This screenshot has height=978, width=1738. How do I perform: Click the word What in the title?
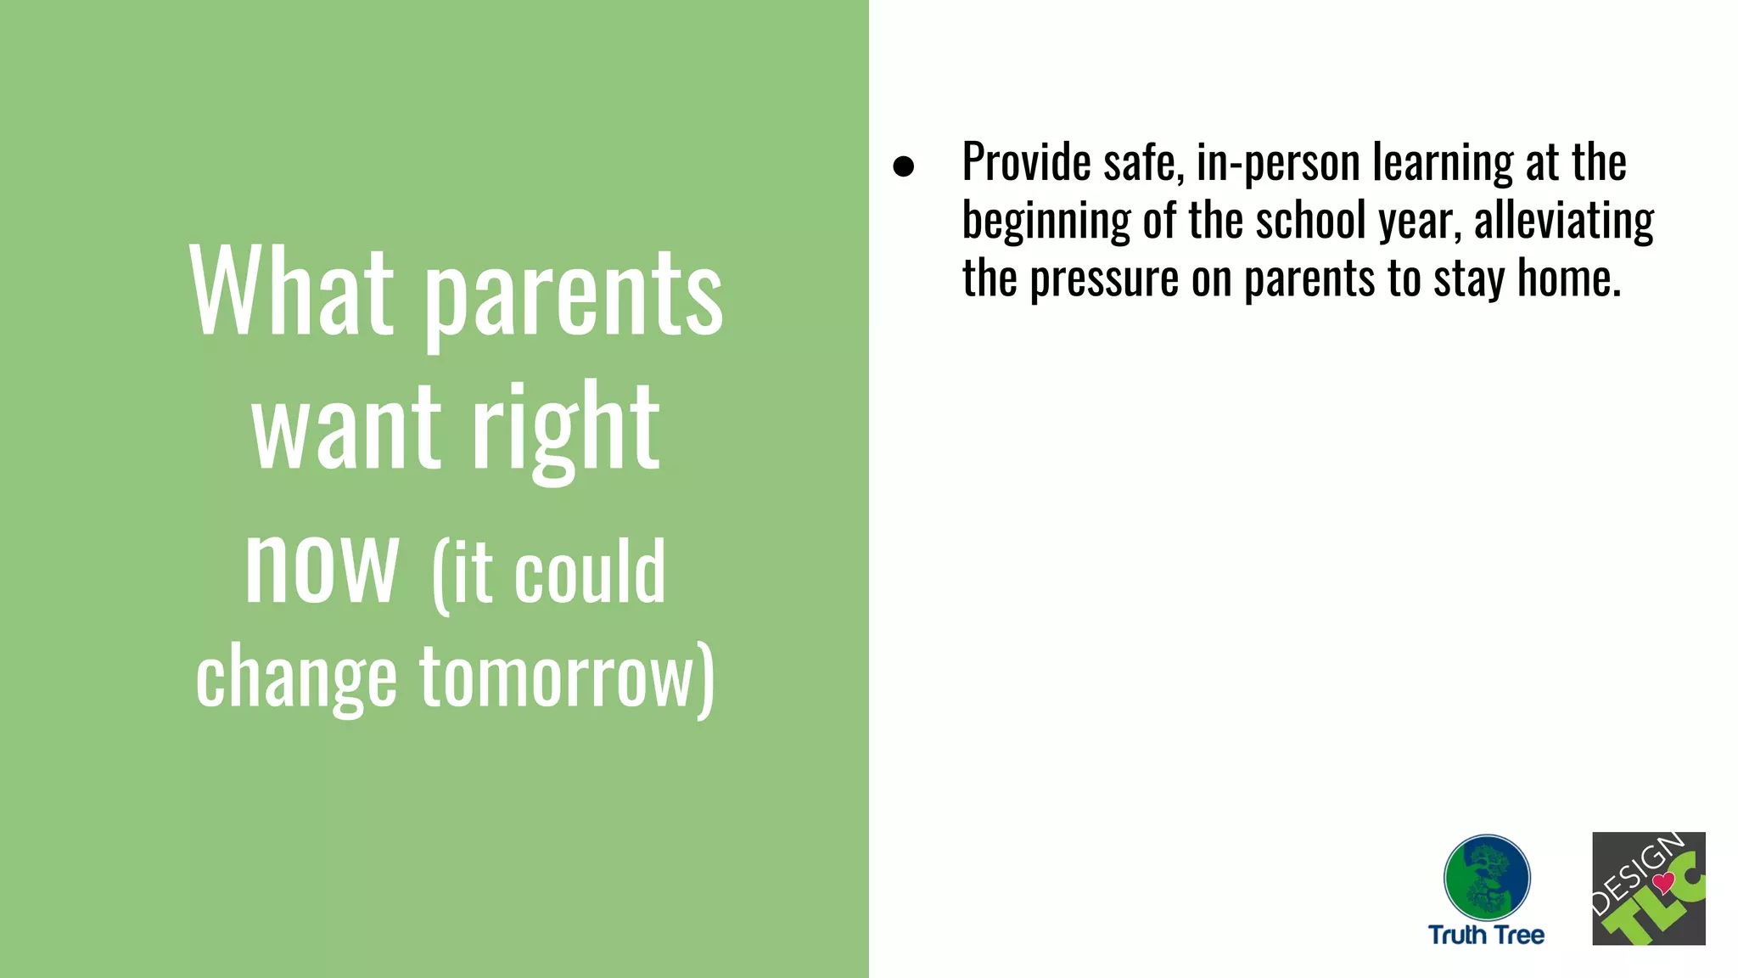click(292, 292)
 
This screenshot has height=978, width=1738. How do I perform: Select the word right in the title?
click(565, 429)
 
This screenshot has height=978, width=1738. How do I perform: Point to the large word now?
click(321, 565)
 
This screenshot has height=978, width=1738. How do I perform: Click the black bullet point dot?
click(904, 166)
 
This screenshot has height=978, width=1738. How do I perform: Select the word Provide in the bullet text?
click(1026, 162)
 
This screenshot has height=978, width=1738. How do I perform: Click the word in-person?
click(1278, 164)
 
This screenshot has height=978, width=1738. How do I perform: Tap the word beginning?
click(1046, 222)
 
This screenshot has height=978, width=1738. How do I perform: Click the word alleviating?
click(1563, 222)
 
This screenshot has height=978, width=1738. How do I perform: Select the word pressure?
click(1104, 280)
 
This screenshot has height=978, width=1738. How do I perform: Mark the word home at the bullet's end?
click(1568, 278)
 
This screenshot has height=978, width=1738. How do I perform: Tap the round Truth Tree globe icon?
click(1487, 877)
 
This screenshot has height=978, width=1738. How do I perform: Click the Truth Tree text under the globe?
click(1486, 935)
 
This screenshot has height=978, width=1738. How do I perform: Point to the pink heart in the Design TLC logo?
click(1663, 883)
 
